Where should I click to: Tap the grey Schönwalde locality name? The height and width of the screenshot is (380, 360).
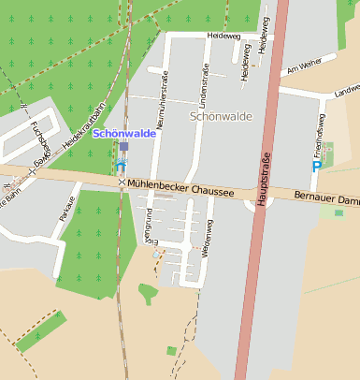coord(221,116)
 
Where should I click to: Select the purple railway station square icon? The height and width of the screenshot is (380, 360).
coord(123,147)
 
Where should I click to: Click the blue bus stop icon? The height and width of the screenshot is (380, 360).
coord(120,165)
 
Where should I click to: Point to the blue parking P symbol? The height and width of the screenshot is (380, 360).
coord(317,166)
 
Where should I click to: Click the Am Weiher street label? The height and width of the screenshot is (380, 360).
coord(304,65)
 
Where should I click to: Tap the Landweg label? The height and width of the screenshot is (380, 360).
coord(347,90)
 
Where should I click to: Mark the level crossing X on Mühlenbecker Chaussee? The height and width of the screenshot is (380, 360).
coord(121,183)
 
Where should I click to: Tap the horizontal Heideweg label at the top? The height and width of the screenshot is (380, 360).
coord(223,35)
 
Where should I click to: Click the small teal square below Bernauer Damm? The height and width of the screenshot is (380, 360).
coord(338,213)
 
